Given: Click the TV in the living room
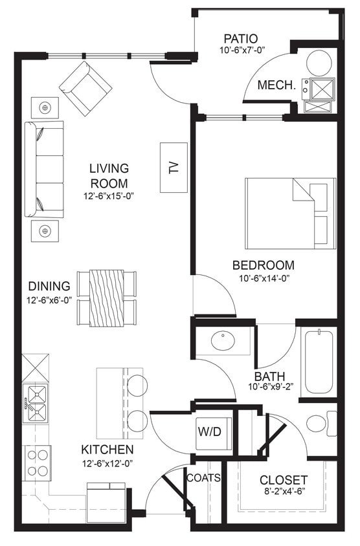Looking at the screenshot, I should (x=173, y=167).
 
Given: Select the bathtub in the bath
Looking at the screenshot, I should (x=318, y=362).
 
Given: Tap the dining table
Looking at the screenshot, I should (x=107, y=298).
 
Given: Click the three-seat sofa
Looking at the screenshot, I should (x=45, y=169).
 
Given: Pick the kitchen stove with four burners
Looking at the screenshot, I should (x=36, y=462).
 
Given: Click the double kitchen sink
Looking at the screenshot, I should (x=35, y=402).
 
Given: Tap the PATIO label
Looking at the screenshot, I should (x=241, y=38).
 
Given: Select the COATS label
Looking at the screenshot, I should (x=203, y=478).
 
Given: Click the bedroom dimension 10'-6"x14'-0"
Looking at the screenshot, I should (x=264, y=279).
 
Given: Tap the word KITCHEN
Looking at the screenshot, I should (x=107, y=449).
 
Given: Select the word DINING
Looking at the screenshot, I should (x=49, y=286).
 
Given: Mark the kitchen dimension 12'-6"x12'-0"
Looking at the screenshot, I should (x=107, y=463).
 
